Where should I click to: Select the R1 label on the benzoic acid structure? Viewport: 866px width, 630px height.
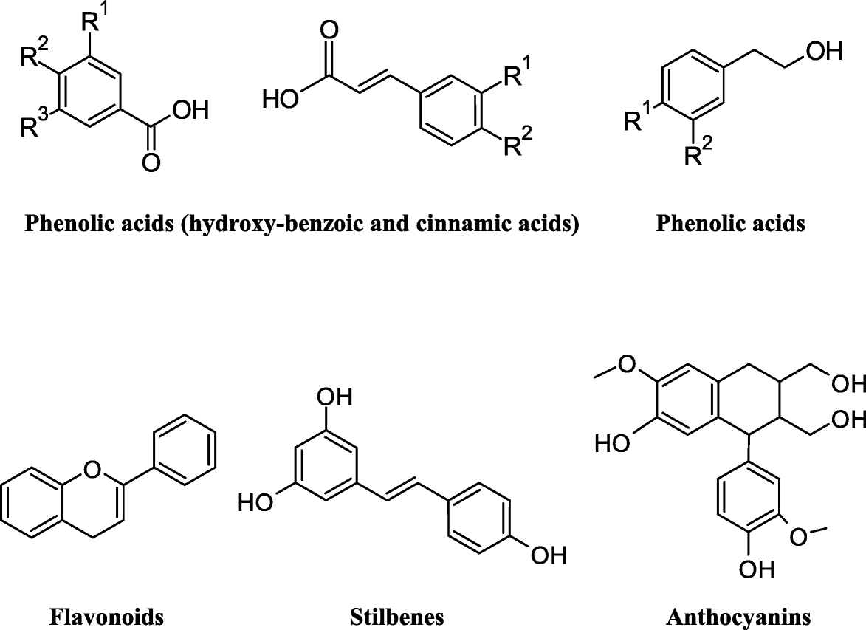coord(96,21)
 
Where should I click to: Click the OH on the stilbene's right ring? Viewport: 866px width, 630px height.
coord(549,555)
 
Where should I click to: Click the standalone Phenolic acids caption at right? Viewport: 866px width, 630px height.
coord(730,224)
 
